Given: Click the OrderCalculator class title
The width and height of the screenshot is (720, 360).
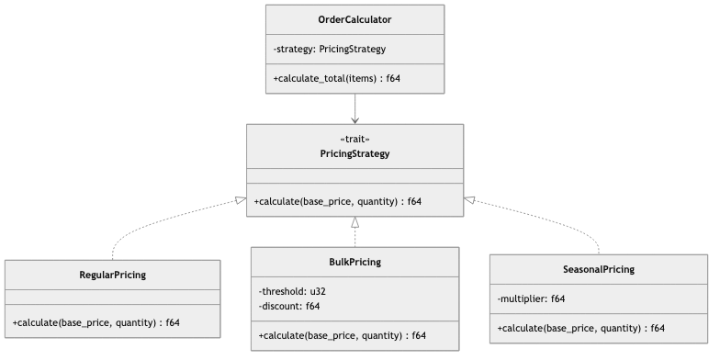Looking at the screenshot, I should click(x=354, y=19).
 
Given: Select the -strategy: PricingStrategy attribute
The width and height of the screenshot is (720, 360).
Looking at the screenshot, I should click(x=329, y=49).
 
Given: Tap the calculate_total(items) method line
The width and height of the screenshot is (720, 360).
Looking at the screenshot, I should click(x=336, y=79).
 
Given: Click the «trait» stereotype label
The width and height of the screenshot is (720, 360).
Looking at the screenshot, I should click(x=354, y=139).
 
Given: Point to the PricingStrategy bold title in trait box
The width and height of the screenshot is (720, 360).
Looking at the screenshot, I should click(x=354, y=153).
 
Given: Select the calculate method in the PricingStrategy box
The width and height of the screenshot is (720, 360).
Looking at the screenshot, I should click(x=337, y=201).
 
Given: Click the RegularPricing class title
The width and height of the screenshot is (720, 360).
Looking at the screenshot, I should click(x=112, y=275).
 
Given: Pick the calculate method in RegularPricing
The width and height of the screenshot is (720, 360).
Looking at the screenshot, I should click(x=96, y=322).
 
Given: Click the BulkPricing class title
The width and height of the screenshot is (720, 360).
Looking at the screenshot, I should click(x=354, y=262).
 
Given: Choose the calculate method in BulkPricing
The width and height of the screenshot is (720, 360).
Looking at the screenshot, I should click(x=342, y=335).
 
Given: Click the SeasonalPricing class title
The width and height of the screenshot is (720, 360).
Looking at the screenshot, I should click(x=598, y=269).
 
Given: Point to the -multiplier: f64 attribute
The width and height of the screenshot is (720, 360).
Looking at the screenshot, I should click(x=531, y=298).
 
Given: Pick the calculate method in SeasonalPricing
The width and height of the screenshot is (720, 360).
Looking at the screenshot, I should click(x=580, y=328).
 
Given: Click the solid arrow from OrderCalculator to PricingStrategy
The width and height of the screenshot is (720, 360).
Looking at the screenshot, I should click(x=354, y=108).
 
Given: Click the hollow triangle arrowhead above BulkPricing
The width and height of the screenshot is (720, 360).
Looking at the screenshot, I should click(x=354, y=223).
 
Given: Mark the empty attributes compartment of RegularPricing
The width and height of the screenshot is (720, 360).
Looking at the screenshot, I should click(x=112, y=297).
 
